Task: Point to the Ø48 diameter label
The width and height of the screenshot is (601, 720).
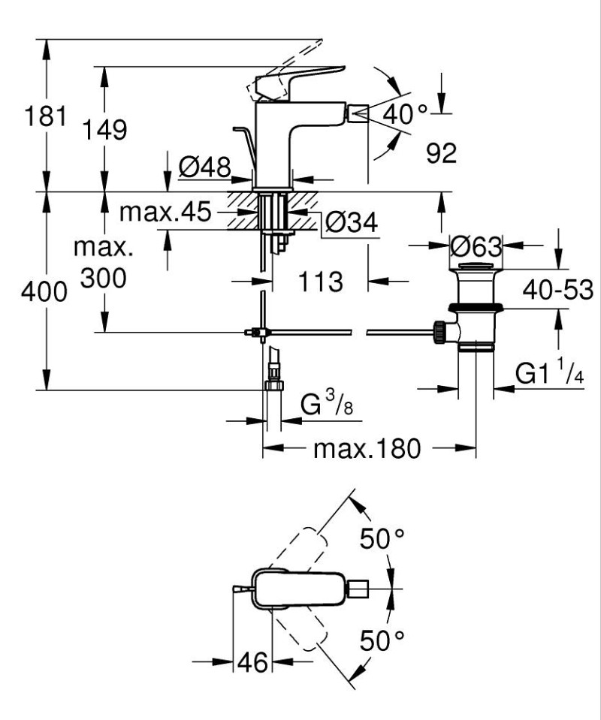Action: pos(204,167)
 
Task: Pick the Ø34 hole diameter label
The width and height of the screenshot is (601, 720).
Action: pos(352,221)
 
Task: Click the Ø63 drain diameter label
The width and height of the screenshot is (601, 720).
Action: pos(476,245)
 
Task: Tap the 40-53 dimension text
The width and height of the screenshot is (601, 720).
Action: pos(559,289)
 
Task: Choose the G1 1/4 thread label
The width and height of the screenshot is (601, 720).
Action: pos(549,373)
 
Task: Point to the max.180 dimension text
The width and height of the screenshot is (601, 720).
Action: pos(364,449)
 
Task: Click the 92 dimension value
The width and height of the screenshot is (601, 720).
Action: pos(441,154)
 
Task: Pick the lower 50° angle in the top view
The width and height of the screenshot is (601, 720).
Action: pos(382,640)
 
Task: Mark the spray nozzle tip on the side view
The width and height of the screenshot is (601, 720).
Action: pos(358,114)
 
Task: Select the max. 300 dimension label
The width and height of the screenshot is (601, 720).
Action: pos(102,263)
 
